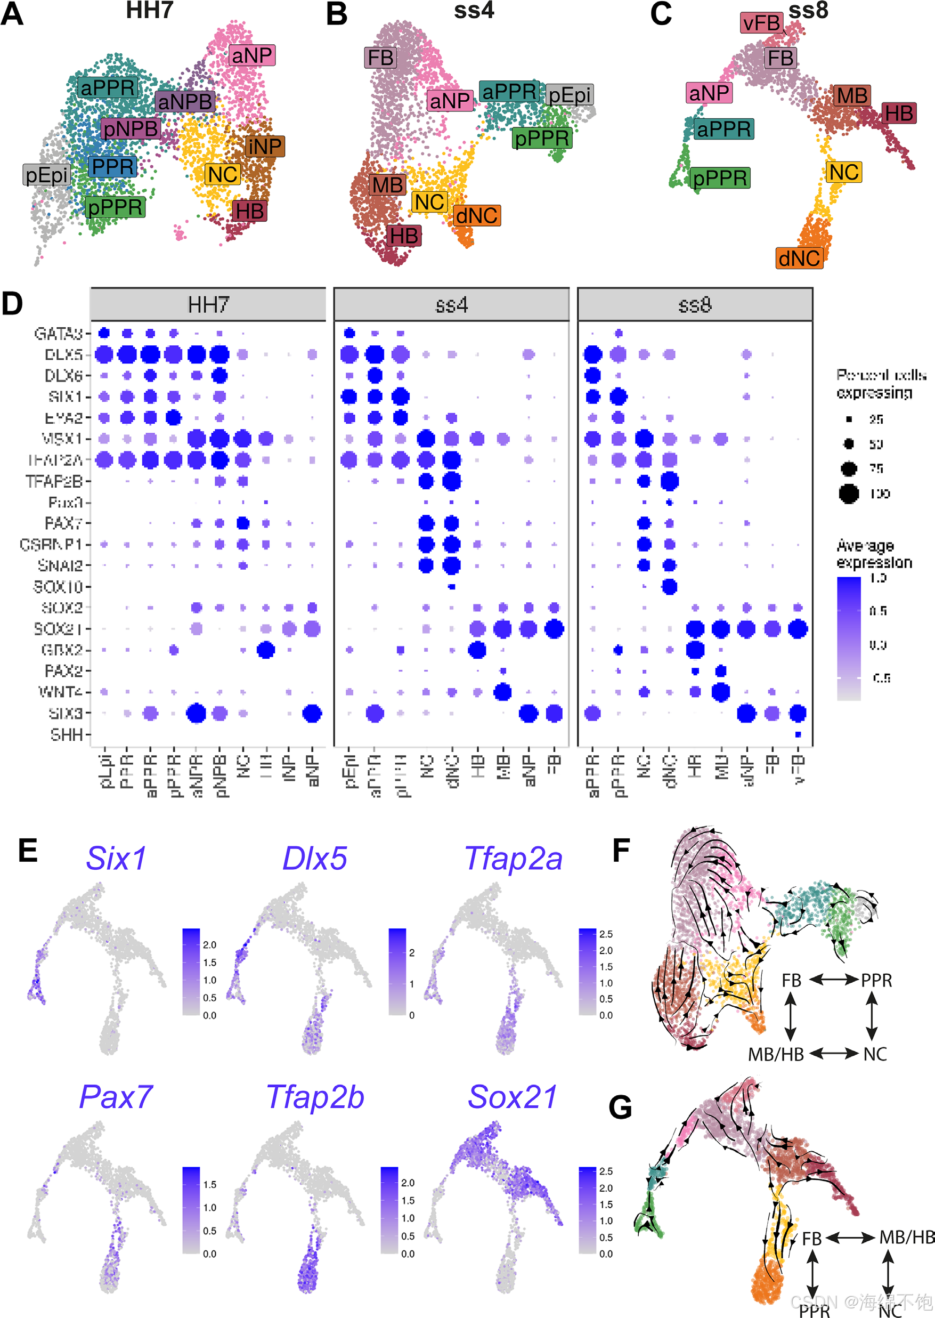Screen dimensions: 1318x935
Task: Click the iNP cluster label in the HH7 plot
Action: click(265, 146)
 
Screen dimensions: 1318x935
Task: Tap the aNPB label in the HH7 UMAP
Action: click(185, 102)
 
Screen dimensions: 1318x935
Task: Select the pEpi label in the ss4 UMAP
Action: click(569, 95)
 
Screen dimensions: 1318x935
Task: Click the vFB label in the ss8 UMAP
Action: click(761, 23)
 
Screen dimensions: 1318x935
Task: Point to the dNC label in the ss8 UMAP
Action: click(799, 258)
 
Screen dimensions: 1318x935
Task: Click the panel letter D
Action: click(13, 304)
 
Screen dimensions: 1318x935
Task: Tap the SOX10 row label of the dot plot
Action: click(58, 587)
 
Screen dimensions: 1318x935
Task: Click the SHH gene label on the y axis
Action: click(66, 735)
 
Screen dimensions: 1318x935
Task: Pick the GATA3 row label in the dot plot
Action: click(58, 334)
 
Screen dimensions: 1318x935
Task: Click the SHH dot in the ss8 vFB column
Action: click(798, 734)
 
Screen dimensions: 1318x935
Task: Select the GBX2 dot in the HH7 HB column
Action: click(265, 650)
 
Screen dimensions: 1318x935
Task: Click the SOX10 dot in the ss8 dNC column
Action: click(669, 587)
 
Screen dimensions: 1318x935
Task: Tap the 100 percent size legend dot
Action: click(849, 494)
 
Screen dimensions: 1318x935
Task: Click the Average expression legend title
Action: click(874, 554)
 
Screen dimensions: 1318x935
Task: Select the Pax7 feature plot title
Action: click(116, 1097)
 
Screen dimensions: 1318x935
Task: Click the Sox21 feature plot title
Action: click(513, 1097)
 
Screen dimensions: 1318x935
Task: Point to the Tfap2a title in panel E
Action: click(513, 859)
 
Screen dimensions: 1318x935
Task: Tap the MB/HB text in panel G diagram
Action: click(906, 1237)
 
